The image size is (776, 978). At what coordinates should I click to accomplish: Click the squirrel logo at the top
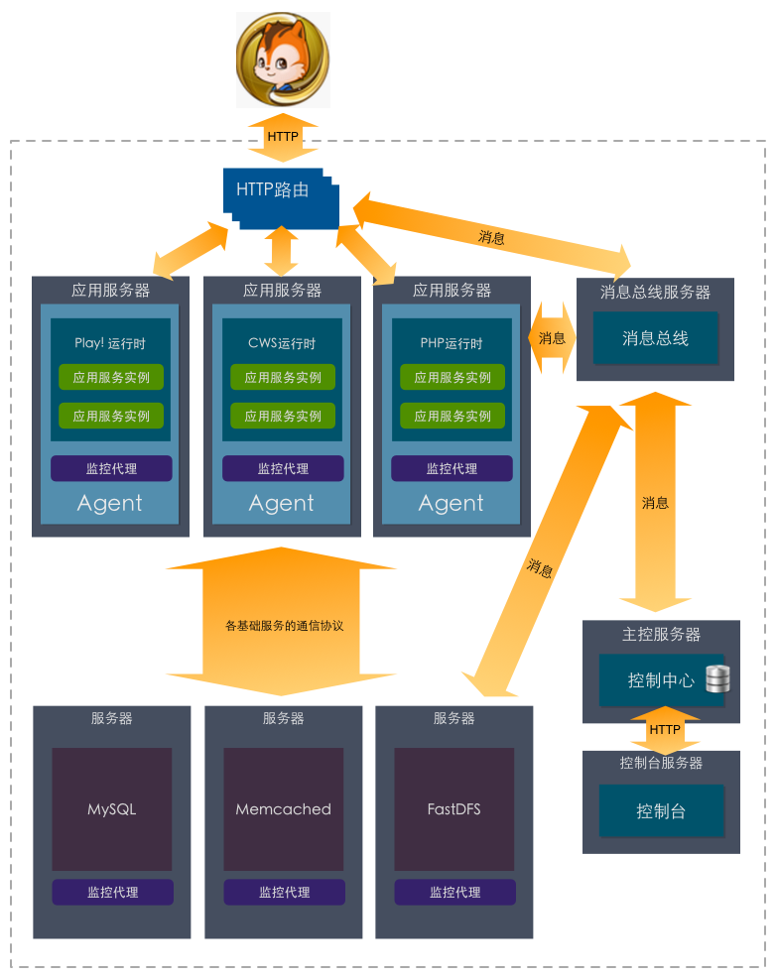[283, 60]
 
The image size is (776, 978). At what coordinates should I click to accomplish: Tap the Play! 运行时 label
[110, 343]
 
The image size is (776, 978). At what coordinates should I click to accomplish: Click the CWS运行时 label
[282, 343]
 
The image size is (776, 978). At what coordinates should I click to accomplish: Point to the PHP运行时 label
[452, 343]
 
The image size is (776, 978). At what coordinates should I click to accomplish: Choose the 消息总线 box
[655, 338]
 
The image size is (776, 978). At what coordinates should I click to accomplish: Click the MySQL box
[111, 808]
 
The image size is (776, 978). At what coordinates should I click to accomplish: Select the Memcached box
[283, 808]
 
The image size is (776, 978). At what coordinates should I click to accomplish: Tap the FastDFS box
[453, 808]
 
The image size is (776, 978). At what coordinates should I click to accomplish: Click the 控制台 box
[661, 811]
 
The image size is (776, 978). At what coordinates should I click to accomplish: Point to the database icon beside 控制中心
[717, 679]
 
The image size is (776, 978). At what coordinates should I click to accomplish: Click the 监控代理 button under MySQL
[112, 892]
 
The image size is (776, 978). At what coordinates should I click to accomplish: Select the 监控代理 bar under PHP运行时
[452, 468]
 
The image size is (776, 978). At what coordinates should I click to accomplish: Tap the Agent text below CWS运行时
[282, 503]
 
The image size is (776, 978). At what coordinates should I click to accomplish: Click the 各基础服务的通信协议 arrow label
[284, 626]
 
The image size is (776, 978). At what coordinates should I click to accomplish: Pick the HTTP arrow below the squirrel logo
[283, 136]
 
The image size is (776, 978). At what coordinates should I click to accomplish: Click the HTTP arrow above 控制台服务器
[664, 730]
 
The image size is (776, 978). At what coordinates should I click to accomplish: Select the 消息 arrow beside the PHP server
[552, 338]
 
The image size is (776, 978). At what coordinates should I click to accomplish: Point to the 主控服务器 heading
[661, 634]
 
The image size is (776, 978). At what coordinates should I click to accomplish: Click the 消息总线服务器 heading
[655, 293]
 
